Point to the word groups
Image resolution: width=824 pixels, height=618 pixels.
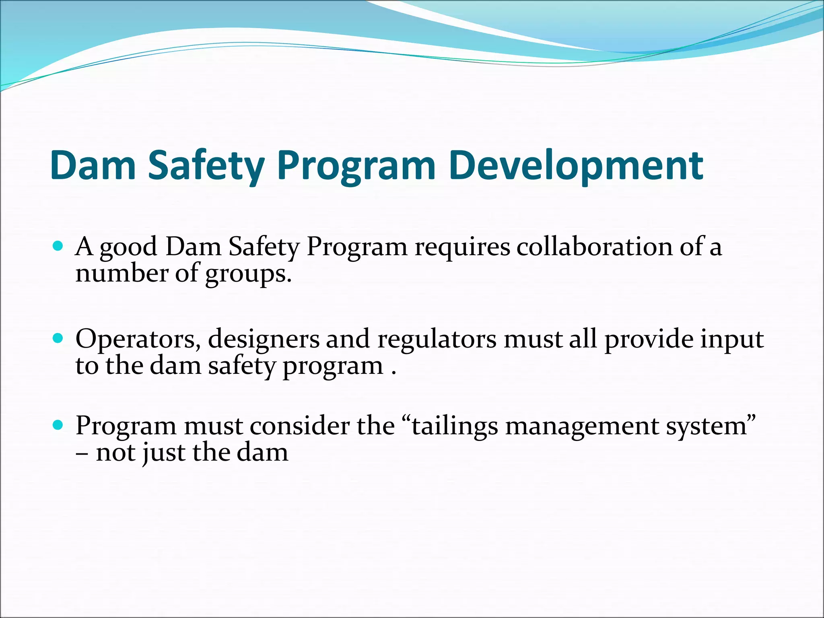pos(248,274)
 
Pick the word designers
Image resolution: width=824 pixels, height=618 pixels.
pos(264,339)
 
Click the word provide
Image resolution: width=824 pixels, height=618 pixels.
pos(649,339)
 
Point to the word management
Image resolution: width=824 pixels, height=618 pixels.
pos(582,426)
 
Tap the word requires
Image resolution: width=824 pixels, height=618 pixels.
pos(462,247)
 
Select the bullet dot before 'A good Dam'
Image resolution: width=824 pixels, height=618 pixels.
pos(58,246)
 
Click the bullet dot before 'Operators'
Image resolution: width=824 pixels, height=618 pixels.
pos(58,338)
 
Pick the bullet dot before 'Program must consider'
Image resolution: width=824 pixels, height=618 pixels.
pos(58,425)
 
